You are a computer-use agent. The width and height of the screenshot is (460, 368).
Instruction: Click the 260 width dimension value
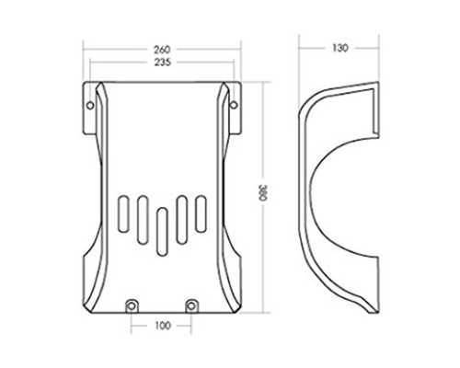pos(162,49)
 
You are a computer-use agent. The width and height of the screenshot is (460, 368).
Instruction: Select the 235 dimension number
pos(162,63)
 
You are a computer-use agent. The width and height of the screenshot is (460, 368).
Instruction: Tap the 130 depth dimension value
pos(339,48)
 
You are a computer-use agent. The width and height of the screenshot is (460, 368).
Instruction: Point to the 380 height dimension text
pos(263,192)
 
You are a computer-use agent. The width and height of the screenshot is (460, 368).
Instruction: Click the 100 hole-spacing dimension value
pos(162,326)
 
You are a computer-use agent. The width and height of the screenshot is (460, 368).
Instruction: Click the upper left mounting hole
pos(90,106)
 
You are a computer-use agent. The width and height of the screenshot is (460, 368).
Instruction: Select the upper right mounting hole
pos(234,105)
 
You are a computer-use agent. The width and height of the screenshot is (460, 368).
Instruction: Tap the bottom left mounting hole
pos(132,305)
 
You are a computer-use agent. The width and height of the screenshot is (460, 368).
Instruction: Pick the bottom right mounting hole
pos(191,305)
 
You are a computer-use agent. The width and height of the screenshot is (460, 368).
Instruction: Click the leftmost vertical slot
pos(123,213)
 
